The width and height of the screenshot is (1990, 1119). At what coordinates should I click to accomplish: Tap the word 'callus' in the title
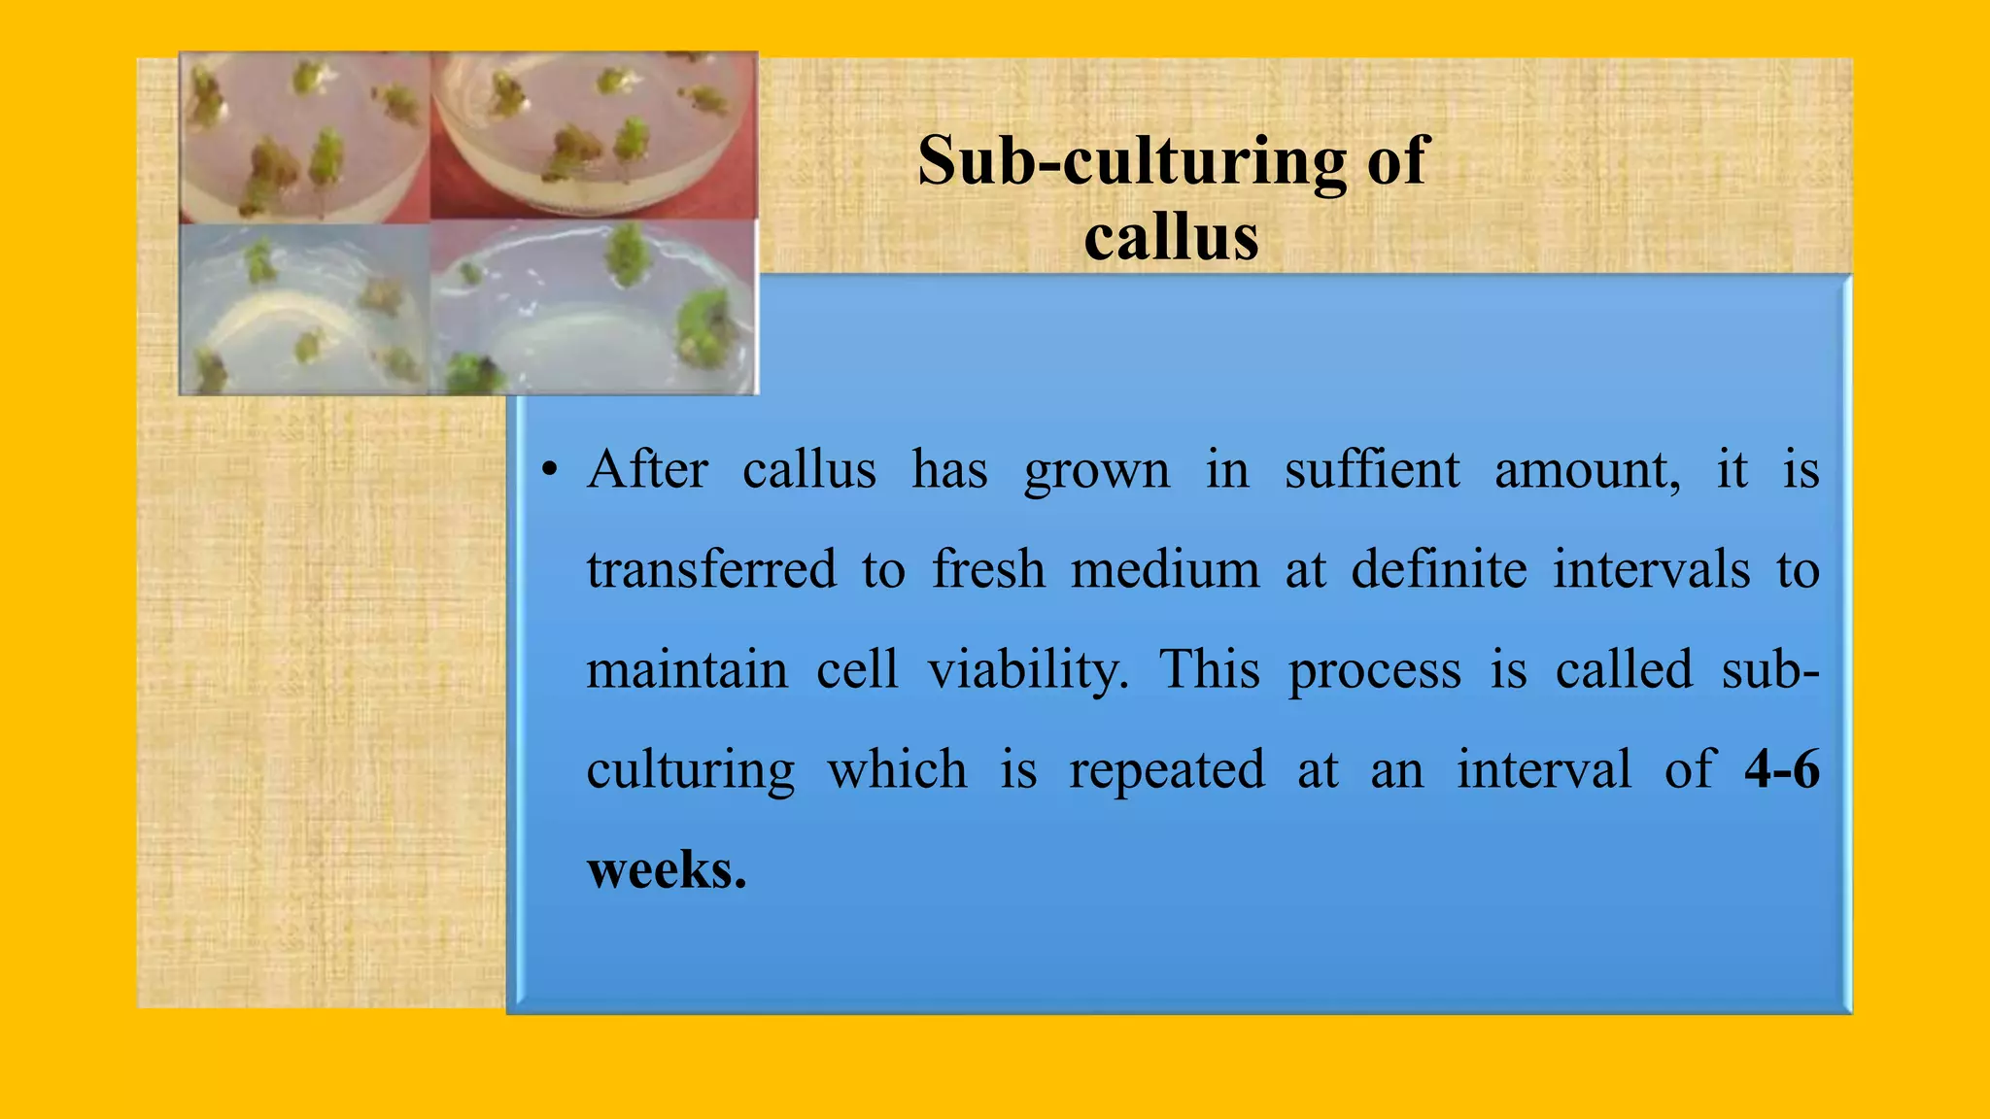click(x=1171, y=238)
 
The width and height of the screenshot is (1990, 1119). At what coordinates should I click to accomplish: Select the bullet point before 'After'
click(x=550, y=471)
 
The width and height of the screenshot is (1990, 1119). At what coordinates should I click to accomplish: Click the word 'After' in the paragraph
click(x=648, y=470)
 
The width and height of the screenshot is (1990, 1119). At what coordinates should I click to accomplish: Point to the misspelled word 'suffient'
click(x=1371, y=470)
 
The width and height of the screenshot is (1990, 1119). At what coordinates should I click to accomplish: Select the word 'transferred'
click(x=711, y=569)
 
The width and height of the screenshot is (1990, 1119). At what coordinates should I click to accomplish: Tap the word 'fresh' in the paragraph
click(x=988, y=569)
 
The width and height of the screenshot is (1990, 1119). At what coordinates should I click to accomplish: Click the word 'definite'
click(x=1439, y=569)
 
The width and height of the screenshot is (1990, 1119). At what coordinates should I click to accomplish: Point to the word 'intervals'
click(x=1651, y=569)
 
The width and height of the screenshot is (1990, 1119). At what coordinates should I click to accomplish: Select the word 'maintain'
click(x=687, y=670)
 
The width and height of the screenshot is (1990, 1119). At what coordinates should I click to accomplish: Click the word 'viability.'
click(x=1028, y=670)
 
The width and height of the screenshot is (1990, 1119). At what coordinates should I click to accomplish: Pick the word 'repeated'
click(x=1167, y=771)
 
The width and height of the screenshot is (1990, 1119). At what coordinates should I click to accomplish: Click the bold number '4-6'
click(x=1781, y=769)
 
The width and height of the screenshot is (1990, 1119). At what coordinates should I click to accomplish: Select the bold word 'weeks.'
click(x=667, y=869)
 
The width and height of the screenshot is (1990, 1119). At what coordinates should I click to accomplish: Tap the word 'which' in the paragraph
click(x=897, y=769)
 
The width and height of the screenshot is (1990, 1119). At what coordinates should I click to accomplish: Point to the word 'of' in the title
click(x=1398, y=160)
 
